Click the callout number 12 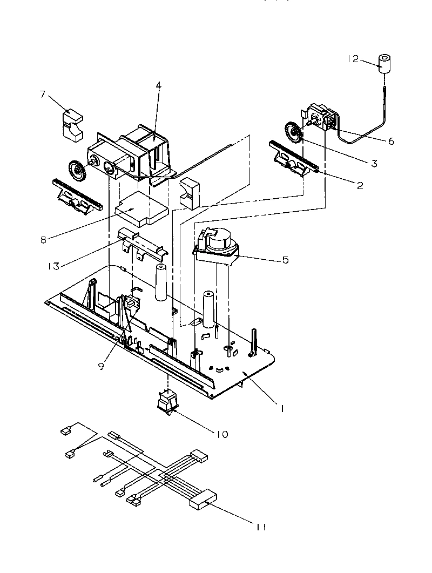point(353,60)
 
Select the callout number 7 point(42,95)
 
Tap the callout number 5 point(285,260)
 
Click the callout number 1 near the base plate point(280,409)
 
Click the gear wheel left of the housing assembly point(78,171)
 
